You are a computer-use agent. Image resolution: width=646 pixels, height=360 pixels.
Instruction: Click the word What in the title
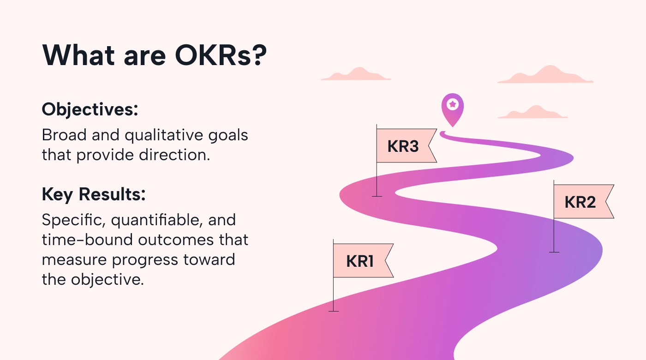tap(78, 55)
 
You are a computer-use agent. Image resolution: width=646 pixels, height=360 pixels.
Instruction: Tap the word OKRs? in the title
tap(221, 55)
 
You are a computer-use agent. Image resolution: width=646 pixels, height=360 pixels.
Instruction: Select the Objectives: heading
tap(90, 110)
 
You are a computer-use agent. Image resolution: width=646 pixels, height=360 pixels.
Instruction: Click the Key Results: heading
tap(94, 194)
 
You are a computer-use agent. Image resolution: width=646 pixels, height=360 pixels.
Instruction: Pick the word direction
tap(174, 155)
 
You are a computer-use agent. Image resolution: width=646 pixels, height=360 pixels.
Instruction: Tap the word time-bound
tap(88, 240)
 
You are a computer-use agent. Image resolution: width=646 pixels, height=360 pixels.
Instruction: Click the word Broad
tap(64, 135)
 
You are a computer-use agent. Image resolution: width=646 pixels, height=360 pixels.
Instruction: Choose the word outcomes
tap(176, 240)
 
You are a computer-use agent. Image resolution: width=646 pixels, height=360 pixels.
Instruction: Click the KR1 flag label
tap(359, 261)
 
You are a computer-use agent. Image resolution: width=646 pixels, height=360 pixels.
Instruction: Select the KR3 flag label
tap(403, 146)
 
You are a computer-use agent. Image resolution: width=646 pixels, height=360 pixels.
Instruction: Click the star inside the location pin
tap(453, 104)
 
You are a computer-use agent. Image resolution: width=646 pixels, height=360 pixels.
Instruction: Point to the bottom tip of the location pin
tap(453, 127)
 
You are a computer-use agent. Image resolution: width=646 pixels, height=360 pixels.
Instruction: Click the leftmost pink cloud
tap(356, 74)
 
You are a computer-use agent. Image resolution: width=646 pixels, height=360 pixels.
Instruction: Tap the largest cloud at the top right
tap(545, 75)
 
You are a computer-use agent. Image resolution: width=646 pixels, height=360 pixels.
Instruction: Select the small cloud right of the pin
tap(532, 113)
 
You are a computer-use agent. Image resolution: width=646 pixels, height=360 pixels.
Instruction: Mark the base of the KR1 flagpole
tap(333, 311)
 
